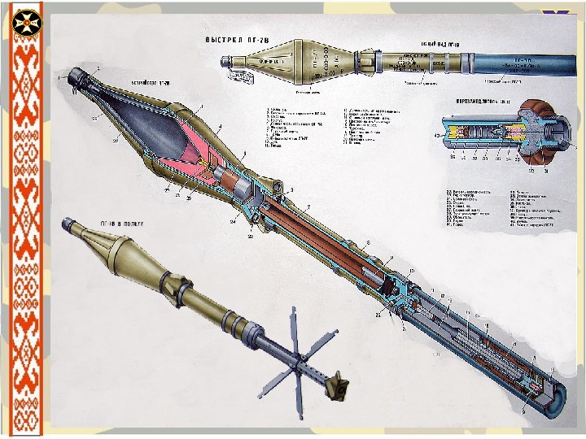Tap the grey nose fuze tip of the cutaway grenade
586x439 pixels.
(80, 77)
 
